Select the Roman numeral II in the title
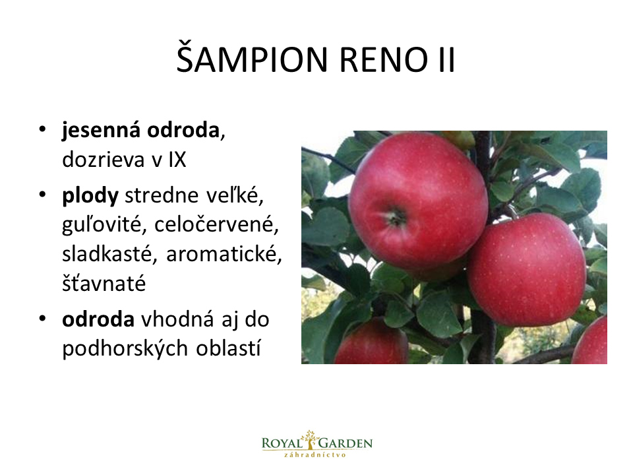coord(446,60)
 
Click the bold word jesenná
coord(102,131)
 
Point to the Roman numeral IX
coord(177,160)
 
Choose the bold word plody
coord(90,197)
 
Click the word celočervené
coord(216,224)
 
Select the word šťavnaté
coord(104,283)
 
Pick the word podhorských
coord(125,349)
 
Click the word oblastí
coord(228,348)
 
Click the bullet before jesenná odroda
coord(42,129)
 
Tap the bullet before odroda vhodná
coord(42,318)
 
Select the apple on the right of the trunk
coord(527,269)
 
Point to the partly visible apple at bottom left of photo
coord(371,342)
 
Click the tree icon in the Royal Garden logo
coord(310,439)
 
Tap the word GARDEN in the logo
coord(346,443)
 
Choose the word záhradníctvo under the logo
coord(315,455)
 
